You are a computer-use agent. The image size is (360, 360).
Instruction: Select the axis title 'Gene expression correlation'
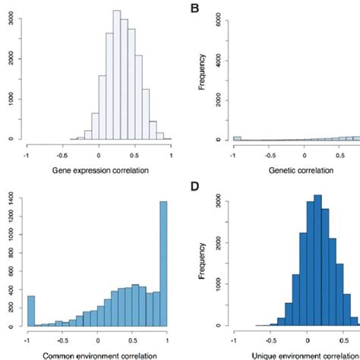(x=98, y=169)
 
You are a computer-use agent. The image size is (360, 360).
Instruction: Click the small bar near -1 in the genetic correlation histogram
(x=238, y=138)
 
